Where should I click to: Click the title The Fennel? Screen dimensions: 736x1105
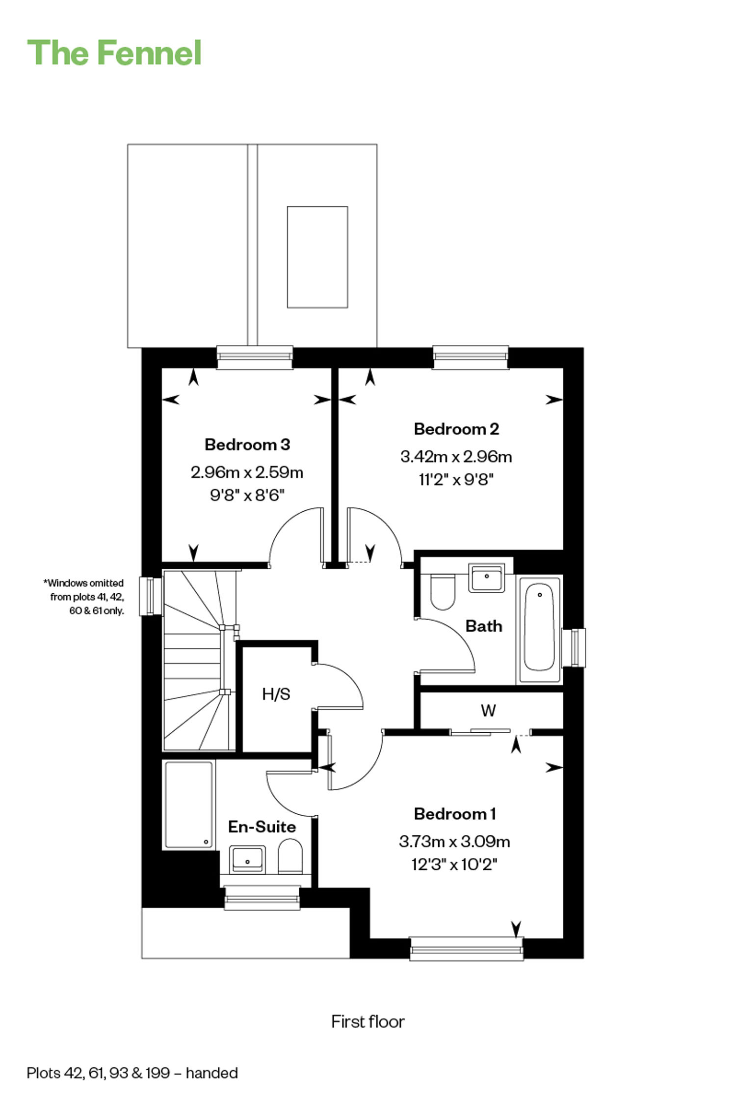tap(114, 53)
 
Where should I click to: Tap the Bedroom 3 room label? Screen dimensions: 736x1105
tap(247, 444)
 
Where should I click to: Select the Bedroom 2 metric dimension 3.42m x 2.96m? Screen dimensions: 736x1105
tap(456, 457)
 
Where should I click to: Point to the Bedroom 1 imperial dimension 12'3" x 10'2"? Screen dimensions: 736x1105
tap(454, 864)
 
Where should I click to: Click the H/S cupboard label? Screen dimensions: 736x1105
tap(276, 694)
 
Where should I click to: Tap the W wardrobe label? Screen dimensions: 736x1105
tap(488, 710)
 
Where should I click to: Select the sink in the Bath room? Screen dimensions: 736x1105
tap(487, 579)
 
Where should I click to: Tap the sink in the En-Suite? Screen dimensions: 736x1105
tap(248, 859)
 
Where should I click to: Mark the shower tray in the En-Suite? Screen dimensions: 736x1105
tap(188, 804)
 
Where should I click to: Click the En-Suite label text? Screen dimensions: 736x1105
tap(262, 827)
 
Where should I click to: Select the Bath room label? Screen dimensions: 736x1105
tap(484, 626)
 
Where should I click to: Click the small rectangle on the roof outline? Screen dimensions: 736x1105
tap(317, 257)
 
